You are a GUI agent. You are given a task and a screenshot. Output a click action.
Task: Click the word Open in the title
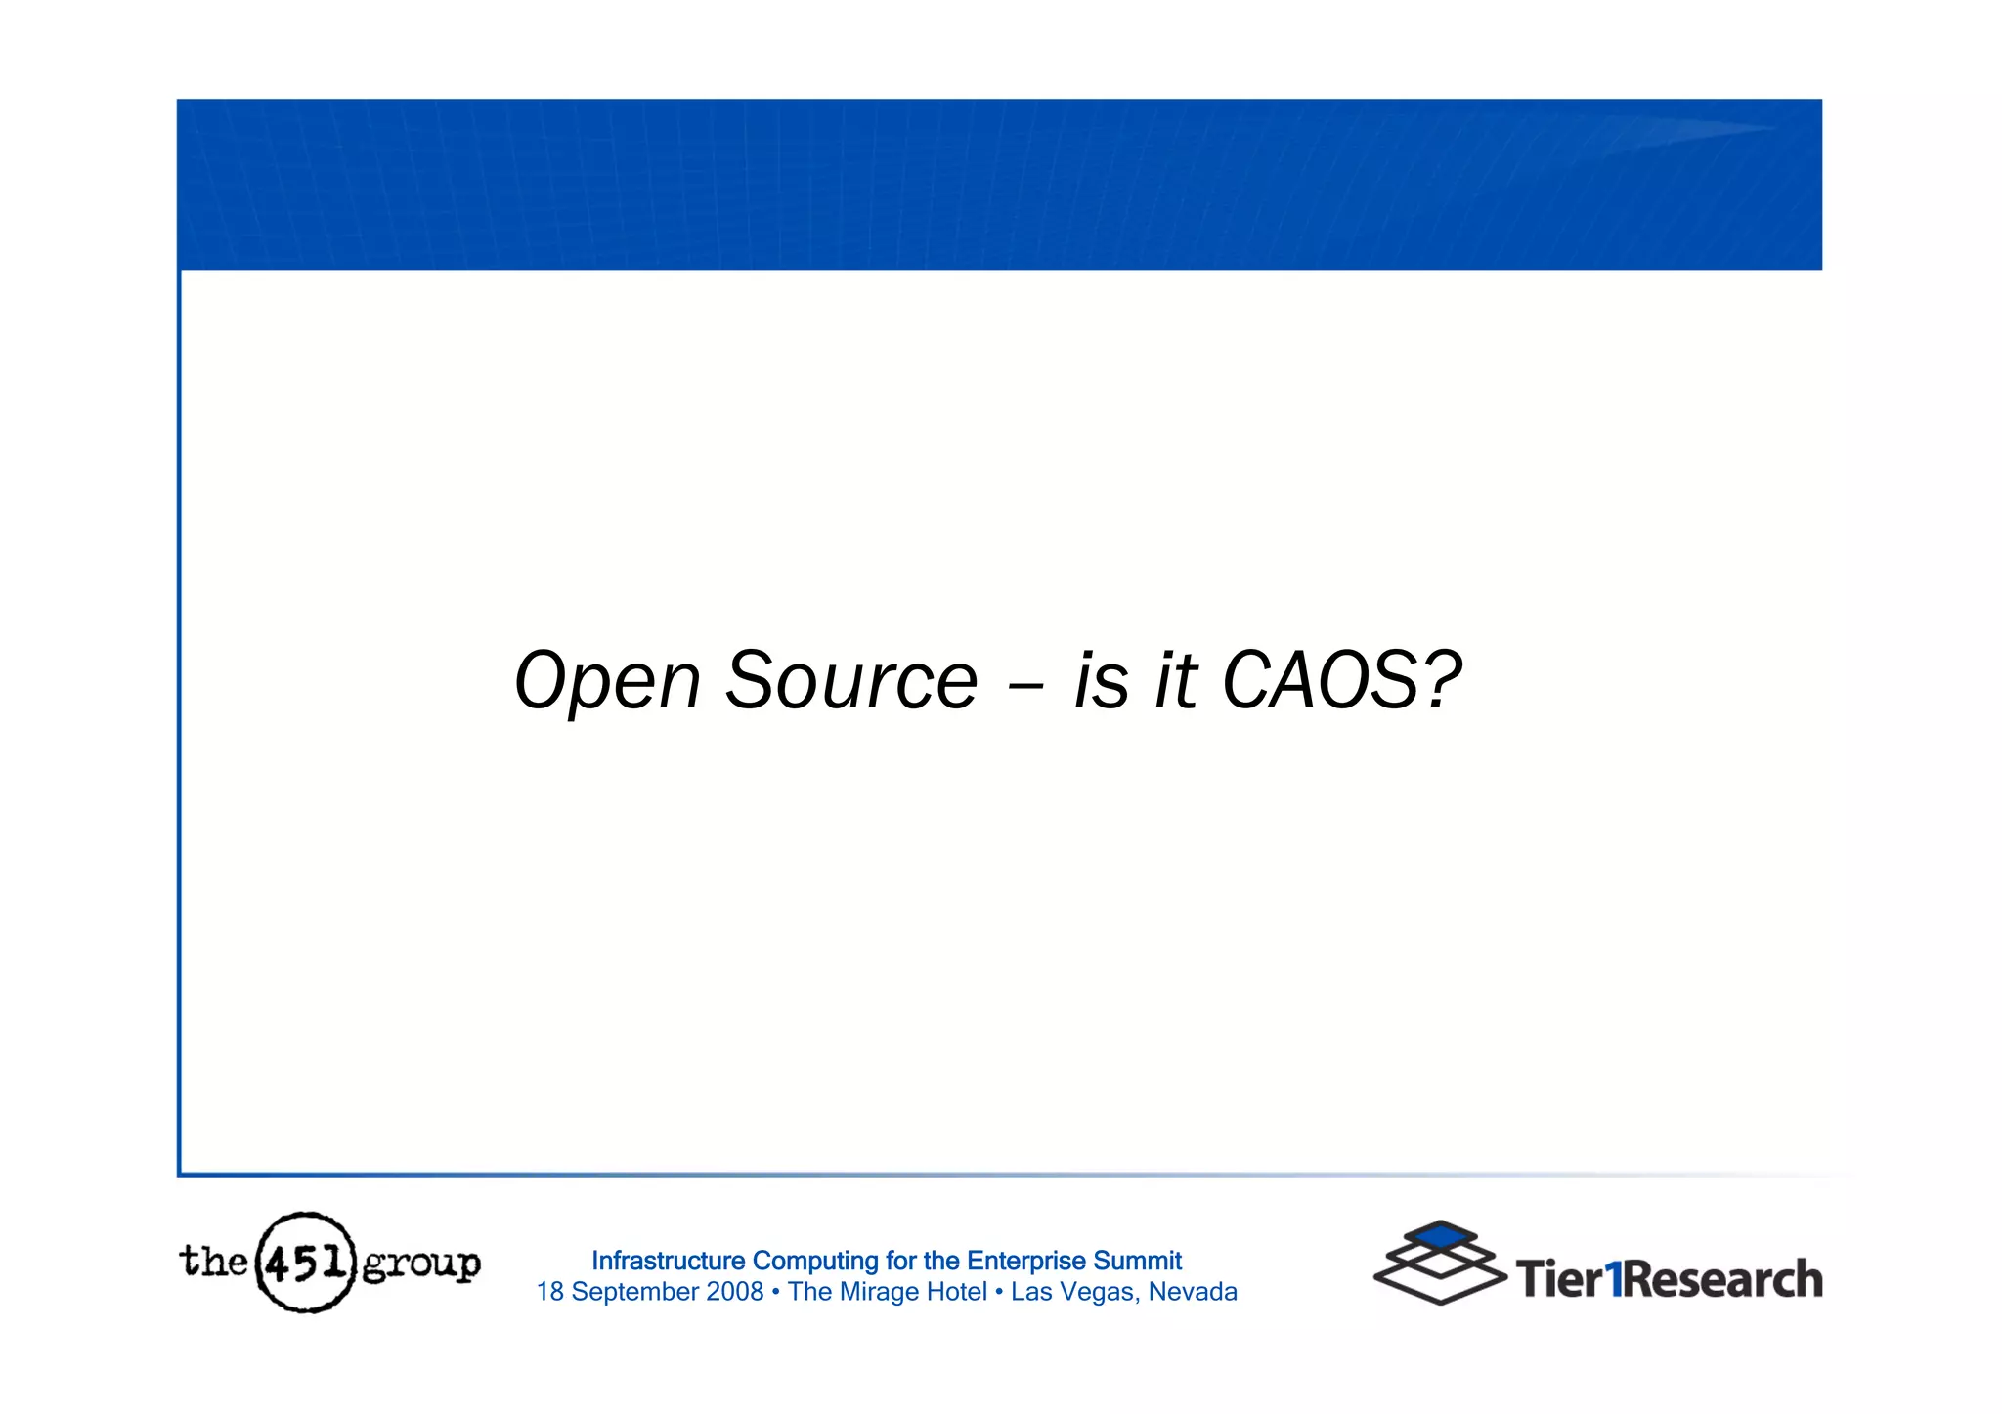click(607, 681)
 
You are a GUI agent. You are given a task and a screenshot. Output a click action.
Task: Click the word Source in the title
click(850, 681)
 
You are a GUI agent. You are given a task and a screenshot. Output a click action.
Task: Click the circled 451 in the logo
click(305, 1263)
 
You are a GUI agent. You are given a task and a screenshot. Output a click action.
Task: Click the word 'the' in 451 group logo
click(213, 1261)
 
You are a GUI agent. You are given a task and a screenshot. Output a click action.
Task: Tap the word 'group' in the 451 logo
click(421, 1265)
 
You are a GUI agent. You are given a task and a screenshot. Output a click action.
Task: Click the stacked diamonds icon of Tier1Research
click(1439, 1263)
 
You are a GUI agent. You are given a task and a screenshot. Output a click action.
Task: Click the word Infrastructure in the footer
click(668, 1261)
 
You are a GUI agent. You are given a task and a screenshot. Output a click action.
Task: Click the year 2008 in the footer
click(734, 1292)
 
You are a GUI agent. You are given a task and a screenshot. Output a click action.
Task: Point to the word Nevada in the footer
click(1193, 1292)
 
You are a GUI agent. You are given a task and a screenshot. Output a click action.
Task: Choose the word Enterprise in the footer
click(1025, 1261)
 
